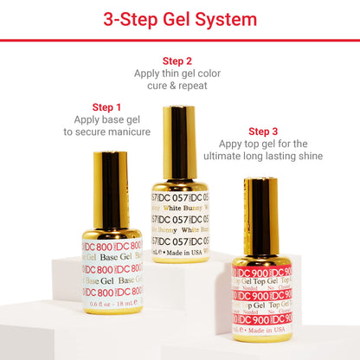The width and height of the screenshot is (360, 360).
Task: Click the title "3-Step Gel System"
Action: (x=180, y=19)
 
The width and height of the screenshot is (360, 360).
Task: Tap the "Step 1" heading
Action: (x=106, y=107)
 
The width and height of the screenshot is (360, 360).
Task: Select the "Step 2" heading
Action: (x=177, y=61)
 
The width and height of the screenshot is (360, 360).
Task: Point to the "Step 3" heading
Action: (x=263, y=131)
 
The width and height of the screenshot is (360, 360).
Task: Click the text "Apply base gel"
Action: (x=106, y=119)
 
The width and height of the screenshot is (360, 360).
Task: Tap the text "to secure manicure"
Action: (x=106, y=132)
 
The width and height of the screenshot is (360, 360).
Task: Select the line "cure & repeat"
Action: (x=177, y=86)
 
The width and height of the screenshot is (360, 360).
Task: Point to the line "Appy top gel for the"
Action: (x=263, y=144)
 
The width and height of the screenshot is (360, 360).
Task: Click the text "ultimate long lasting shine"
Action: (x=263, y=157)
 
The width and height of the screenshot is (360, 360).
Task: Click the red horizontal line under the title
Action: (x=180, y=40)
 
